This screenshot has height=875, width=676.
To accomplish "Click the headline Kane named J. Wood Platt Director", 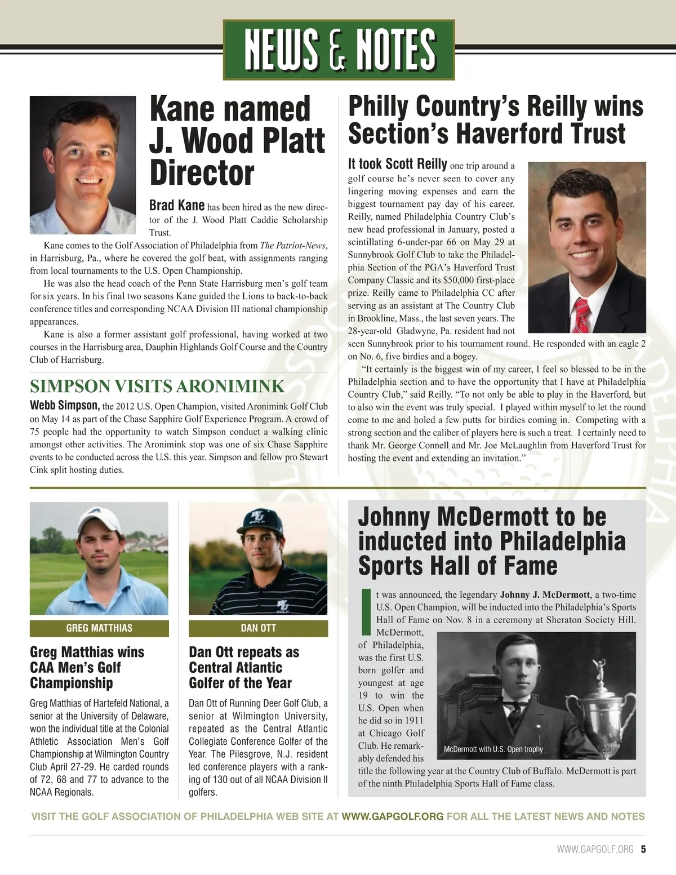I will [237, 141].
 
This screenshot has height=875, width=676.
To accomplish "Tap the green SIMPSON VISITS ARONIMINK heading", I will [157, 387].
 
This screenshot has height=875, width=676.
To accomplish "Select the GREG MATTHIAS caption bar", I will [99, 628].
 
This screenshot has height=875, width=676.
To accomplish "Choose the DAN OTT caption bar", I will [258, 628].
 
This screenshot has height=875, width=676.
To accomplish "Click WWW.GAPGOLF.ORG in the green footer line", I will [393, 816].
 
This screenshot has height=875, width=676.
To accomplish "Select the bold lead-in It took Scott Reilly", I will [398, 165].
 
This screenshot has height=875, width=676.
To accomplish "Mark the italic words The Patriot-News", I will [293, 246].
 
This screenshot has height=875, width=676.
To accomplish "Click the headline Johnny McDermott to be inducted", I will [492, 541].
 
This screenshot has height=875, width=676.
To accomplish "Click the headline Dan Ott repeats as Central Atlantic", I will [244, 668].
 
